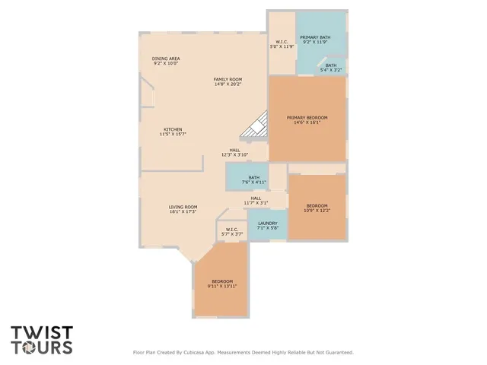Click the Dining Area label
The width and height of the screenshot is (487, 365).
tap(165, 59)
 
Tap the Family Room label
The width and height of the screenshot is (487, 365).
tap(227, 79)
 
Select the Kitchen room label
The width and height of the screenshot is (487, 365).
tap(173, 129)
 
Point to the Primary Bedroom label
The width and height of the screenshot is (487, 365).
tap(307, 117)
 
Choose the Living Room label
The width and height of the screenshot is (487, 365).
tap(183, 207)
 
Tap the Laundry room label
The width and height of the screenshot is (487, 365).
tap(267, 224)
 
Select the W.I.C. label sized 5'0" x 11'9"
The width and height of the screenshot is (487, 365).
tap(282, 43)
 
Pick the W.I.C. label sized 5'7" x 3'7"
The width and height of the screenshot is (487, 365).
tap(232, 229)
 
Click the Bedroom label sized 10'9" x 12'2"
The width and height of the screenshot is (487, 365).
tap(317, 206)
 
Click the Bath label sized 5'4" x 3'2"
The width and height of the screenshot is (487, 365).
tap(331, 65)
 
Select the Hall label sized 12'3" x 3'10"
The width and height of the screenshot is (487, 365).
tap(235, 150)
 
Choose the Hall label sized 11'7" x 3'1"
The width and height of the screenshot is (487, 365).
tap(256, 198)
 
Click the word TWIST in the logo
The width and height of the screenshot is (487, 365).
tap(42, 332)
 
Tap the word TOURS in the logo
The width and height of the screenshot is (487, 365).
tap(42, 348)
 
